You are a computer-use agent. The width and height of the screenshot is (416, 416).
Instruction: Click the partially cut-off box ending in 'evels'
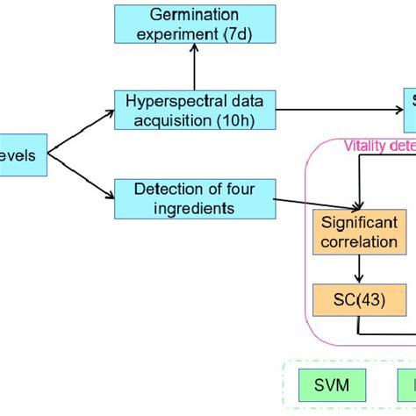(x=23, y=154)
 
